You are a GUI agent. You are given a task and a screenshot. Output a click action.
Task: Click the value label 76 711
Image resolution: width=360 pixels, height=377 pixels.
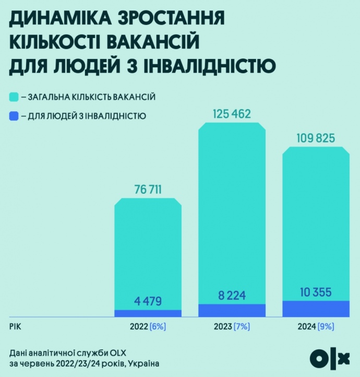[148, 189]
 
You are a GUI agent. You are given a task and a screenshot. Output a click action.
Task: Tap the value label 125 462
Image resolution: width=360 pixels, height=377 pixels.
[232, 113]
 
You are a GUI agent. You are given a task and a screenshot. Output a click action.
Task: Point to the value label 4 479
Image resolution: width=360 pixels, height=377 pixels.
[148, 301]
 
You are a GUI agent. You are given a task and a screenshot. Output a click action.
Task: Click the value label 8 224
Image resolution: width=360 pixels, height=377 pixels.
[232, 295]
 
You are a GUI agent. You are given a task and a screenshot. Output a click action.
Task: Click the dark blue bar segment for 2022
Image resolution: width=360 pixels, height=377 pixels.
[148, 313]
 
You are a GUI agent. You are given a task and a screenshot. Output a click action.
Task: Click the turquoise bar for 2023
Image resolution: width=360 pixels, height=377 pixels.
[232, 209]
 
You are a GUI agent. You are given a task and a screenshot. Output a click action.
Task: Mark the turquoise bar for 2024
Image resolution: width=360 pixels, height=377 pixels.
[316, 219]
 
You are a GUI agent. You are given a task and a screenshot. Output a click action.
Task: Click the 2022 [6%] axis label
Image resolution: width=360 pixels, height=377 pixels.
[148, 327]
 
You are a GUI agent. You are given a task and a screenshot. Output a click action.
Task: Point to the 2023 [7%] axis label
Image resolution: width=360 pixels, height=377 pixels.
[232, 327]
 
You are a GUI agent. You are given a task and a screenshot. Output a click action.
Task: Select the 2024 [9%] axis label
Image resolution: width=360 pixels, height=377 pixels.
[316, 327]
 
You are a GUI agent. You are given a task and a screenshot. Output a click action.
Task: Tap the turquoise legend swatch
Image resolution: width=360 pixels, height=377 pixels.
[14, 97]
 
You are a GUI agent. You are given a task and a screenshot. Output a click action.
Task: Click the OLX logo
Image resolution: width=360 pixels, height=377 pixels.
[329, 358]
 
